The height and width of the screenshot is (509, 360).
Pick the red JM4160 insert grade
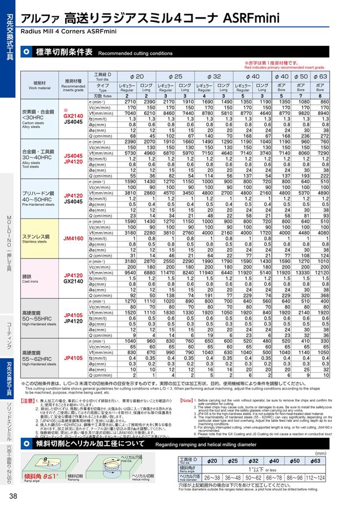click(73, 239)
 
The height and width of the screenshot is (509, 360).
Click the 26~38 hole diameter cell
click(212, 477)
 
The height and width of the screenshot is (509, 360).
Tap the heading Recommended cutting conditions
click(135, 54)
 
